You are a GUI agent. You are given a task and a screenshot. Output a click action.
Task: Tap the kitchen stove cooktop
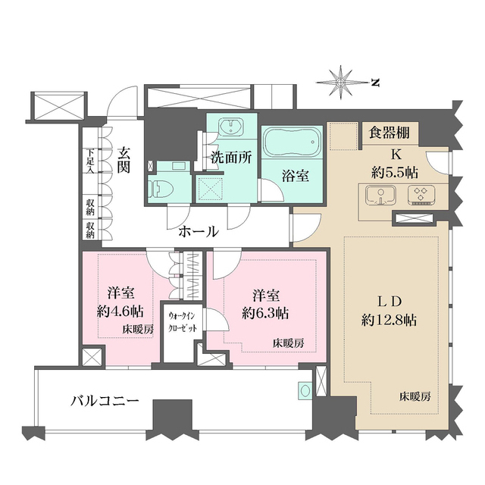418,196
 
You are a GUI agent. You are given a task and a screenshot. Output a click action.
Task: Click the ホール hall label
199,231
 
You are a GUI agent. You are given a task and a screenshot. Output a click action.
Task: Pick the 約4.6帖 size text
121,311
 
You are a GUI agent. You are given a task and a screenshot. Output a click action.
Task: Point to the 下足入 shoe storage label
89,161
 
